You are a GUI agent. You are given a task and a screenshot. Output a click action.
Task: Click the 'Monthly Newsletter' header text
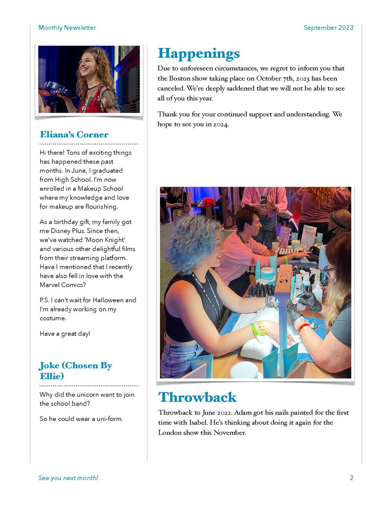tap(67, 28)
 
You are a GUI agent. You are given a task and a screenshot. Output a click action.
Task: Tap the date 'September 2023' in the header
tap(328, 28)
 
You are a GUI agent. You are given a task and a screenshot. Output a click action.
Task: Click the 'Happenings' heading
tap(198, 54)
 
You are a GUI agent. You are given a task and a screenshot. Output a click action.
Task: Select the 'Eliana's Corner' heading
tap(74, 135)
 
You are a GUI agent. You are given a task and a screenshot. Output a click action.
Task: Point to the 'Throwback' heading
tap(197, 397)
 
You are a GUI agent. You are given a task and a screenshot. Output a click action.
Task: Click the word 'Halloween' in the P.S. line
tap(108, 300)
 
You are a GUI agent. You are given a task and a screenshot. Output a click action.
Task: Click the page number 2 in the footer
tap(352, 478)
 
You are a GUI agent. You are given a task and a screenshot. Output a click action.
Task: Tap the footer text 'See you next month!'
tap(68, 478)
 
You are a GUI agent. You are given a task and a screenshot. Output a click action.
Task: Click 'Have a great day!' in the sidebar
tap(65, 334)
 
